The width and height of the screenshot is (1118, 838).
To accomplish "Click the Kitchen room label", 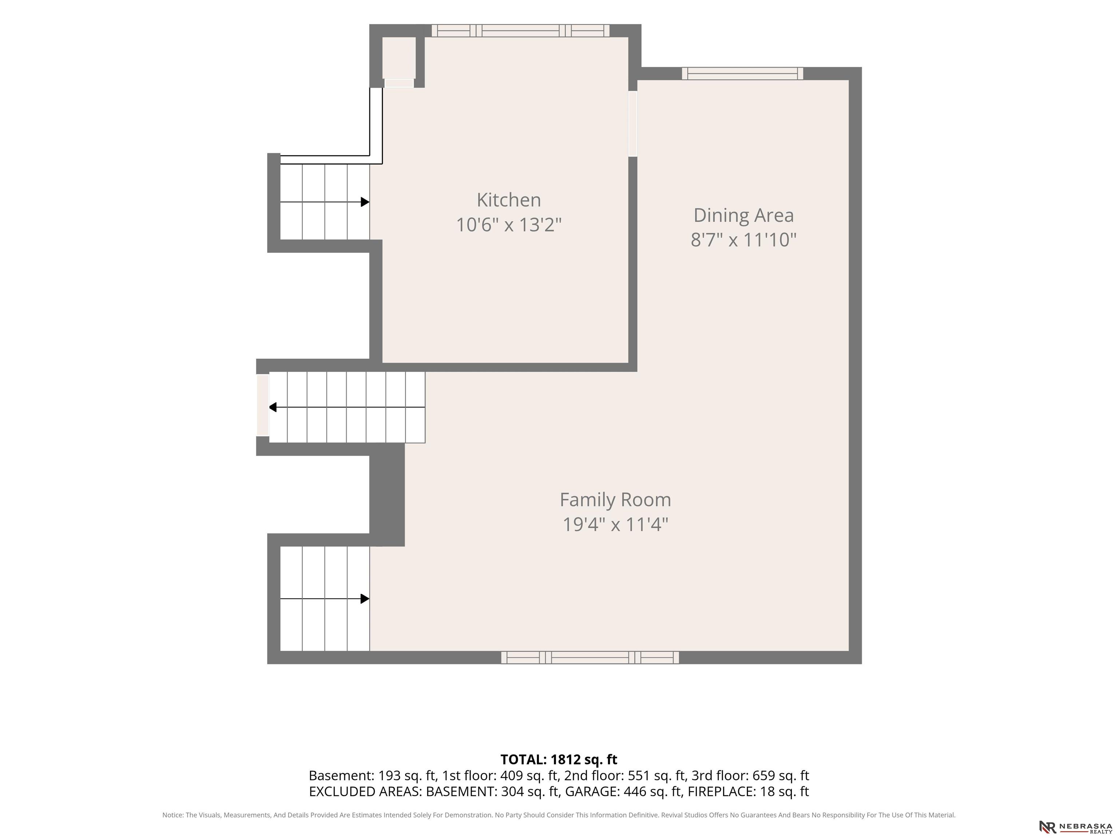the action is tap(508, 200).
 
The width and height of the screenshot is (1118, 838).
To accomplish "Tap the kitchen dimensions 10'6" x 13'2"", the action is tap(508, 225).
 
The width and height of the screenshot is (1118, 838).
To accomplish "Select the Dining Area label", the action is tap(744, 216).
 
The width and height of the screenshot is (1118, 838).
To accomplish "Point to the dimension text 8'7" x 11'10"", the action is tap(744, 239).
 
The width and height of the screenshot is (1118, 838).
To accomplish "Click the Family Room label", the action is tap(615, 500).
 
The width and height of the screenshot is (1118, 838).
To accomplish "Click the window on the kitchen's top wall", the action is tap(520, 30).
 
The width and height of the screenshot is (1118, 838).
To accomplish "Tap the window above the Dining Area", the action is tap(742, 73).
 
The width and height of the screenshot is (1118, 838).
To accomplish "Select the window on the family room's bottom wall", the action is tap(590, 657).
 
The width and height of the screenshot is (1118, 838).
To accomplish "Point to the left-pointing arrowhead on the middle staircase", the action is tap(273, 407).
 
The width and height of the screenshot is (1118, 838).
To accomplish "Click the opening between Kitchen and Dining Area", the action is tap(633, 124).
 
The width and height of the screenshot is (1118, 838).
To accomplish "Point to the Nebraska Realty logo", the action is tap(1075, 827).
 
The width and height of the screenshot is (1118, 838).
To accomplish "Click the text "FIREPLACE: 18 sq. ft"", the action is tap(749, 791).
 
